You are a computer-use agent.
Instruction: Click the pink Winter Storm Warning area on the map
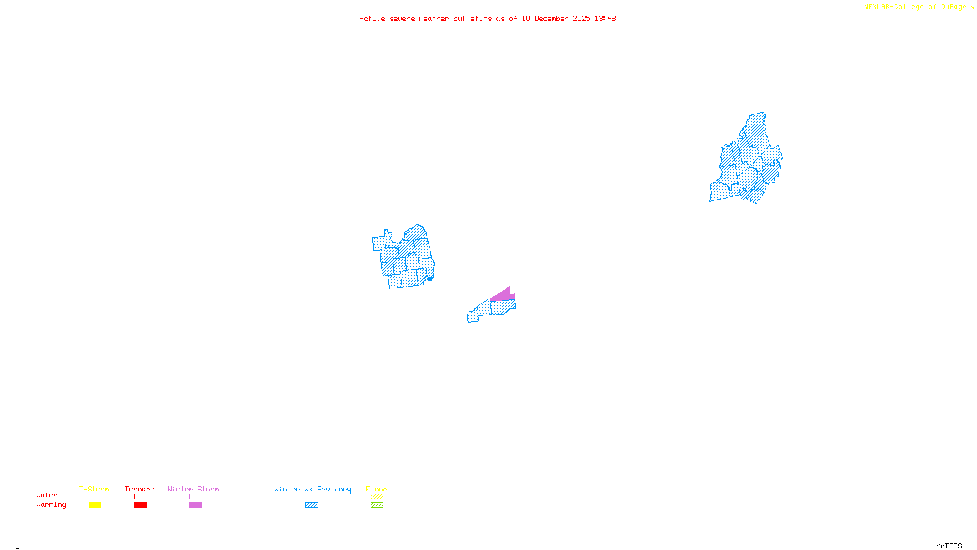coord(502,296)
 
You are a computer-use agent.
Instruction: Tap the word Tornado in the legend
coord(140,489)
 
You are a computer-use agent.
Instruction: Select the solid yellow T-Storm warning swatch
coord(95,505)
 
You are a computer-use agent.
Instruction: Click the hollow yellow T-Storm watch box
coord(95,497)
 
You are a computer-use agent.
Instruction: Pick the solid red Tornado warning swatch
coord(141,505)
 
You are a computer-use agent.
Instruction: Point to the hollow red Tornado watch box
coord(141,497)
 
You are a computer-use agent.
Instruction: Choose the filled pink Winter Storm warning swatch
coord(195,505)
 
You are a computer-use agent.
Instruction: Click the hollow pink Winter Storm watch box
coord(195,497)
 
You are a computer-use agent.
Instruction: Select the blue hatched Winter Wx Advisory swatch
coord(311,505)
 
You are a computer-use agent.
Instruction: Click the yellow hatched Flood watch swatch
coord(377,497)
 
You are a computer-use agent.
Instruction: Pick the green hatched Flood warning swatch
coord(377,505)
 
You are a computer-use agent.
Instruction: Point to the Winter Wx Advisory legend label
coord(313,489)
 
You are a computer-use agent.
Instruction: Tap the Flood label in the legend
coord(377,489)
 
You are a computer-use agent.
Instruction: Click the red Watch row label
coord(47,495)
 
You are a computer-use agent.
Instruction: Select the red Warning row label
coord(51,505)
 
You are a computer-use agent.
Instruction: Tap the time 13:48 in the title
coord(605,18)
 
